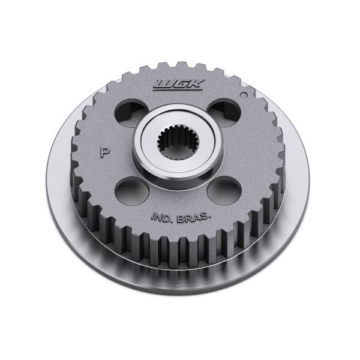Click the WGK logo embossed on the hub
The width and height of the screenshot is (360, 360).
[178, 85]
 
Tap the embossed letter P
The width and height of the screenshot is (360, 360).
[104, 152]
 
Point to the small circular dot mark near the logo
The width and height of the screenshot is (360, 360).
[244, 95]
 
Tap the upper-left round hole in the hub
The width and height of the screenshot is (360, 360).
[131, 113]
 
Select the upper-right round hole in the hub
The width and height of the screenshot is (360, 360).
[224, 113]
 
